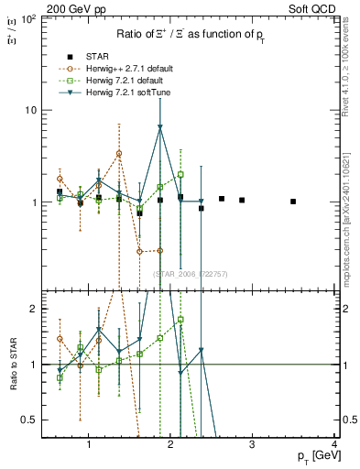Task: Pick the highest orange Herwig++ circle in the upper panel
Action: coord(119,153)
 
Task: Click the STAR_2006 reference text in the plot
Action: coord(184,274)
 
